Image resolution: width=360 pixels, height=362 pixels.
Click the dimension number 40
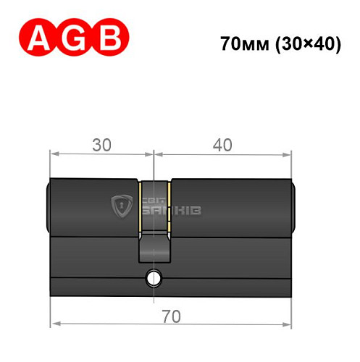click(222, 145)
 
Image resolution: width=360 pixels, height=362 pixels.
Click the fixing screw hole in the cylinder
click(153, 277)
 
